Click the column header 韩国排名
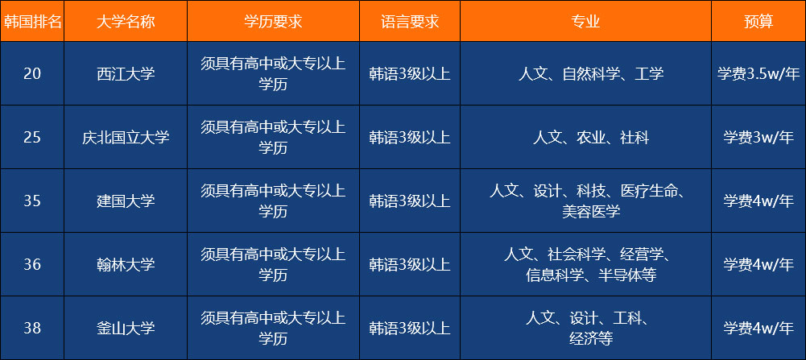click(x=32, y=21)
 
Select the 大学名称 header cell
click(x=126, y=21)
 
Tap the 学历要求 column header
click(x=273, y=21)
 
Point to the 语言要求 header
click(x=410, y=21)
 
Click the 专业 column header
click(x=585, y=21)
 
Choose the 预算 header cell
click(x=758, y=21)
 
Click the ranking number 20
click(x=32, y=73)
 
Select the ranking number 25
click(x=32, y=137)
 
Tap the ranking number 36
click(x=32, y=264)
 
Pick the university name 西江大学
click(x=126, y=73)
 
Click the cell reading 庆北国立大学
click(x=126, y=137)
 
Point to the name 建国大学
click(x=126, y=201)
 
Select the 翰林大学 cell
click(x=126, y=264)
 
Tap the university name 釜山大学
click(x=126, y=328)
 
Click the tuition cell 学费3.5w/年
click(x=758, y=73)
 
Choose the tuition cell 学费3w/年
click(x=758, y=137)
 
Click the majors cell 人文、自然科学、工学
click(x=591, y=73)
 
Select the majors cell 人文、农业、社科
click(x=591, y=137)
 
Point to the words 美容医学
click(x=591, y=211)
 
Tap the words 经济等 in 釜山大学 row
click(x=591, y=338)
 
